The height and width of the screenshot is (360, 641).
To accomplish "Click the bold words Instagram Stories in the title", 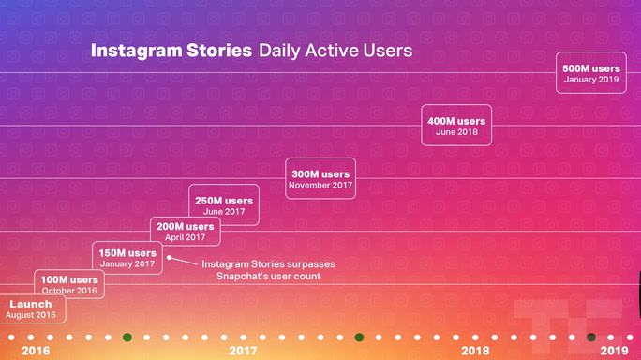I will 171,51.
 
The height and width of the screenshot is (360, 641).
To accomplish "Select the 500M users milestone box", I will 590,73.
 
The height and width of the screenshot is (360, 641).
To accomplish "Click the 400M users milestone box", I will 456,126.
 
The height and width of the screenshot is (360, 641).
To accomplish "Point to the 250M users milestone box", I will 224,205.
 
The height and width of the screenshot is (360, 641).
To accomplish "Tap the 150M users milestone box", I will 127,258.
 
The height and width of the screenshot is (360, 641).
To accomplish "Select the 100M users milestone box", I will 69,284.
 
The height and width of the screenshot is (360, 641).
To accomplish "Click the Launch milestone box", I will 30,309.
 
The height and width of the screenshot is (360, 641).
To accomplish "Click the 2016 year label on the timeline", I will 36,351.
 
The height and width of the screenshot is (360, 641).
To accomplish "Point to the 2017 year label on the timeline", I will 243,351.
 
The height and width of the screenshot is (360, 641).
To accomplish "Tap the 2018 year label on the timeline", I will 475,351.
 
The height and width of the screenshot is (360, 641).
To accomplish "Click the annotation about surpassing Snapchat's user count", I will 268,270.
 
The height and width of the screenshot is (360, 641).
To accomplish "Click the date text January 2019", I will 590,80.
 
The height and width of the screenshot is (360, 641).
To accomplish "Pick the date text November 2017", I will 320,186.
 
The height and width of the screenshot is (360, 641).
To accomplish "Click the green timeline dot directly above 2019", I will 590,337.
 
